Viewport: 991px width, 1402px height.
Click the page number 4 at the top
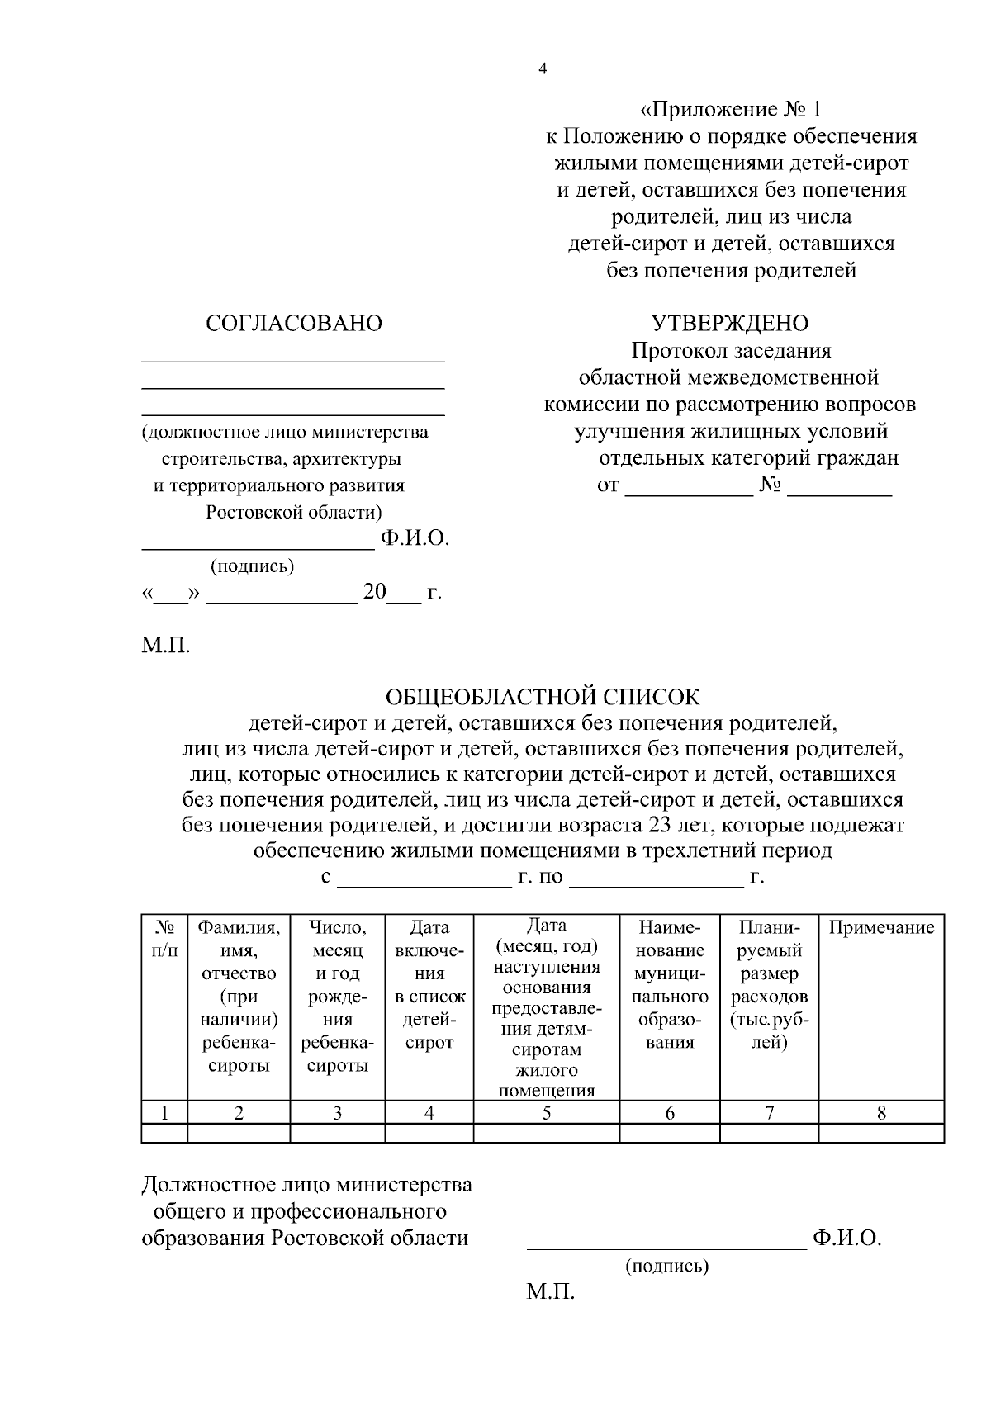tap(543, 69)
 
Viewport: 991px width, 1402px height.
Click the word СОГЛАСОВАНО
tap(293, 324)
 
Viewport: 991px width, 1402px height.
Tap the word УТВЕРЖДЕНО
tap(730, 323)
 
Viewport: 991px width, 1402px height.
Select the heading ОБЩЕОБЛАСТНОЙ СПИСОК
tap(543, 697)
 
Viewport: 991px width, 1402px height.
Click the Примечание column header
tap(881, 927)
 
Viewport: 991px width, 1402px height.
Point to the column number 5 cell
tap(546, 1112)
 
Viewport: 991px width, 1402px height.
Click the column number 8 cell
tap(881, 1112)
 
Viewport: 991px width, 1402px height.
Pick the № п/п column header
tap(164, 939)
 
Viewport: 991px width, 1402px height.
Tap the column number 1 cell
tap(164, 1112)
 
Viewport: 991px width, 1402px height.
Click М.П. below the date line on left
tap(165, 645)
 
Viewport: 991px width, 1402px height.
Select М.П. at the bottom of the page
tap(550, 1292)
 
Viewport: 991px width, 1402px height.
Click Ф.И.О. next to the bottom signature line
tap(847, 1239)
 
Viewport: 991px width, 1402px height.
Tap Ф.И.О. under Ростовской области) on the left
tap(415, 539)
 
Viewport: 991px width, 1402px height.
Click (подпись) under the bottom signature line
tap(666, 1265)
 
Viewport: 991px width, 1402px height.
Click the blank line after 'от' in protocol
tap(689, 486)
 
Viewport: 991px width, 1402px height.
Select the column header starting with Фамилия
tap(239, 996)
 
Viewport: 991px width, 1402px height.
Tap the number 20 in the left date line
tap(374, 592)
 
